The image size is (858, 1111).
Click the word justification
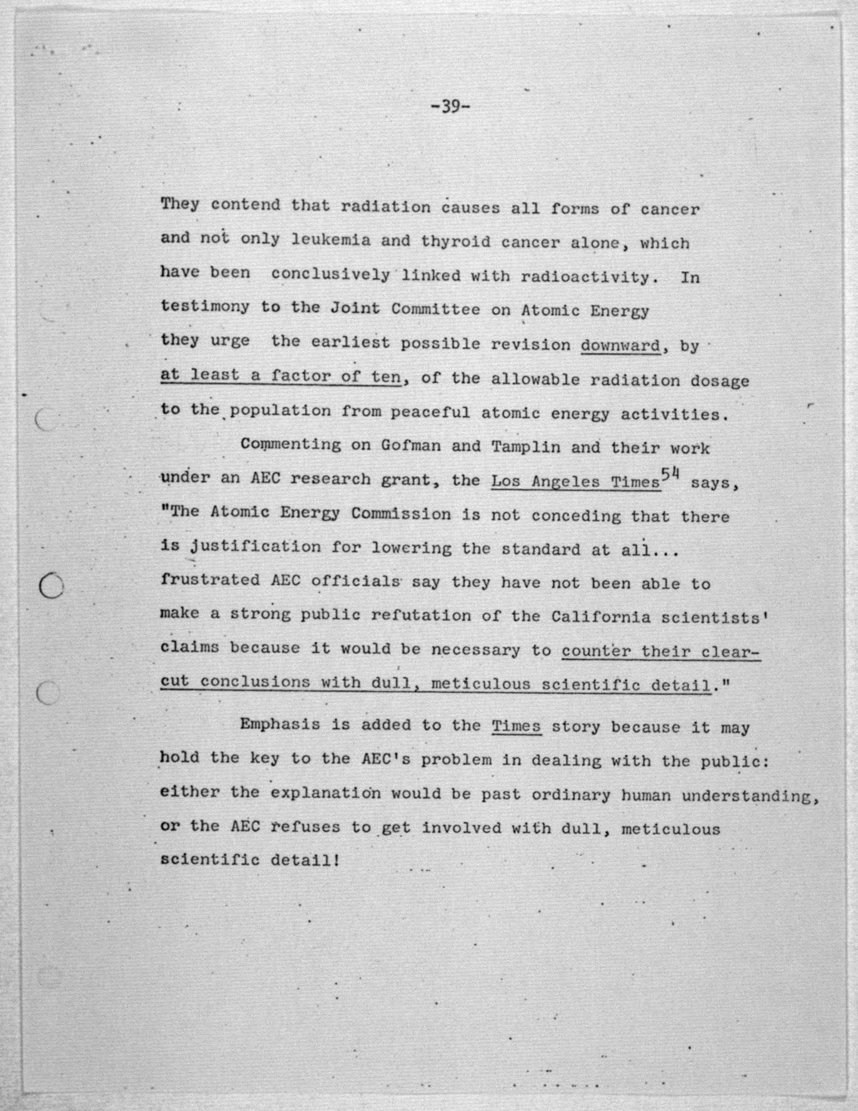(255, 547)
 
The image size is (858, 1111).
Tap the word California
(601, 617)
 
